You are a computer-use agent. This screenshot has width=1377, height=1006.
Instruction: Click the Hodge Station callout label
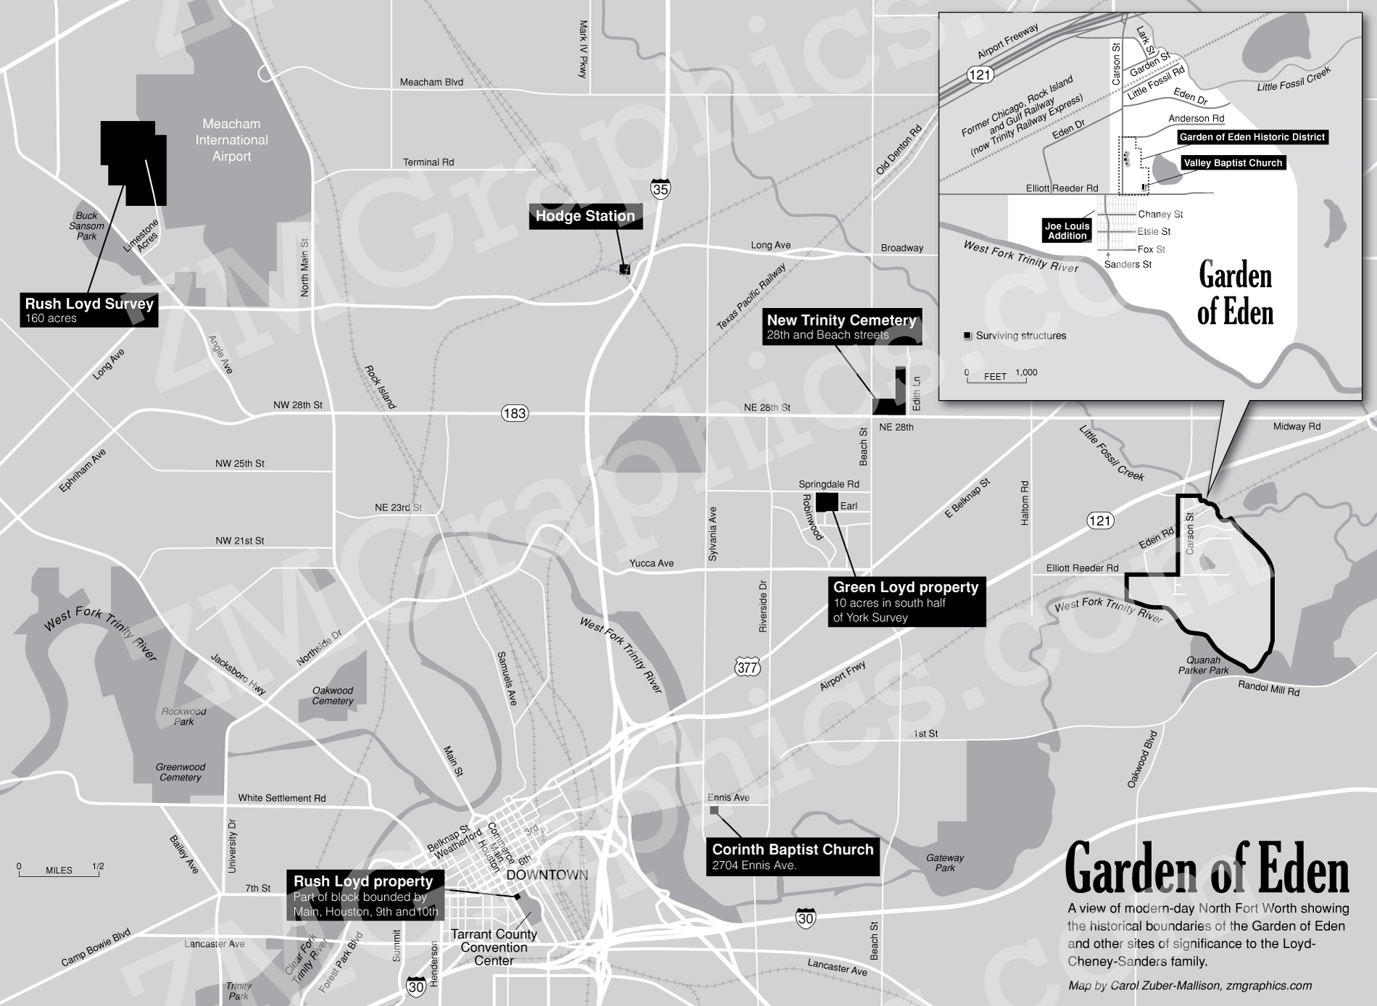click(x=585, y=216)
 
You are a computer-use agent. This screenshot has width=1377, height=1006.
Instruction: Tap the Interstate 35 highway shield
click(x=660, y=189)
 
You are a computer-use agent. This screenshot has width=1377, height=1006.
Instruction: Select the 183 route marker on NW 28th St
click(x=514, y=413)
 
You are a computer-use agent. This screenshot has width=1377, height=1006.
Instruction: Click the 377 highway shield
click(x=747, y=668)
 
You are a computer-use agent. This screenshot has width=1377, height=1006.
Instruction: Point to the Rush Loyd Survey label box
click(x=89, y=310)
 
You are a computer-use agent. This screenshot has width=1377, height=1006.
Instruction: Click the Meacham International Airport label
click(x=231, y=140)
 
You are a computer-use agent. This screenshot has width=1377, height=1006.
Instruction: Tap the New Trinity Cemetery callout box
click(x=841, y=327)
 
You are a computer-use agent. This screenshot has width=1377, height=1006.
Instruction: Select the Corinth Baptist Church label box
click(x=792, y=856)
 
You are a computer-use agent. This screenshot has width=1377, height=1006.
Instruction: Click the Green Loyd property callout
click(x=906, y=602)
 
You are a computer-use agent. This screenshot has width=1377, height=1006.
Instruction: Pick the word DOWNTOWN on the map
click(x=547, y=876)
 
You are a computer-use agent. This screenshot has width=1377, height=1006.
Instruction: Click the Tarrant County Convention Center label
click(x=494, y=947)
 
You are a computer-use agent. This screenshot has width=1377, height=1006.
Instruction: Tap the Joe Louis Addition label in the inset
click(x=1067, y=230)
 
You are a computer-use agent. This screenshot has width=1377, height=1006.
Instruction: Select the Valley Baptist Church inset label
click(x=1233, y=163)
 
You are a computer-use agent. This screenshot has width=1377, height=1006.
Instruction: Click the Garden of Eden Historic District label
click(x=1252, y=137)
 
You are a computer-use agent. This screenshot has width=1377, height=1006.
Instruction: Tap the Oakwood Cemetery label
click(x=333, y=696)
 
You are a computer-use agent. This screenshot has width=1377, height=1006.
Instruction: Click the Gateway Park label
click(x=944, y=862)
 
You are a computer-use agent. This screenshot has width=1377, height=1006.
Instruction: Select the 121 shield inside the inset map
click(x=979, y=75)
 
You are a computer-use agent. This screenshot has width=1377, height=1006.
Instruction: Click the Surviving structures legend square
click(x=968, y=336)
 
